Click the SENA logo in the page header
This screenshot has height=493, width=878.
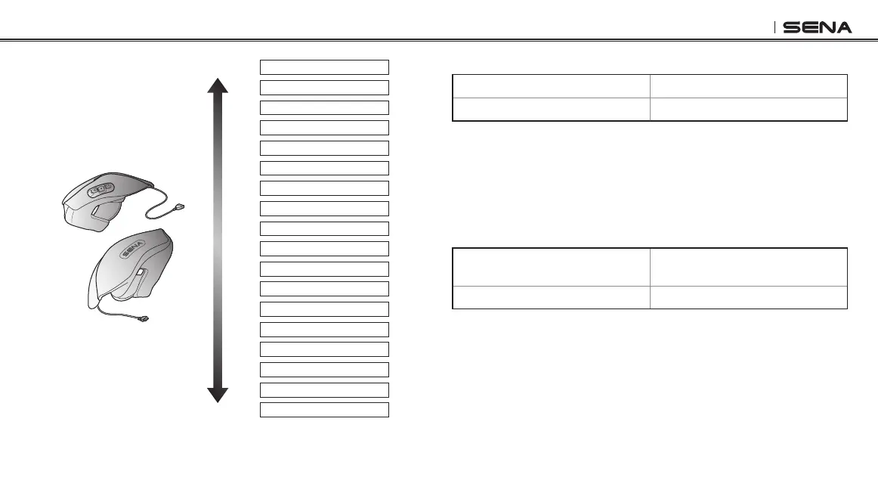tap(817, 27)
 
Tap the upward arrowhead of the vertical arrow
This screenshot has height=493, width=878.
tap(218, 85)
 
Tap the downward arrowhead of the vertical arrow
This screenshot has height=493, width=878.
tap(218, 394)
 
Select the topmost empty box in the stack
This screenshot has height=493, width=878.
tap(324, 67)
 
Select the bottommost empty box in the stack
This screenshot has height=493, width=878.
tap(324, 410)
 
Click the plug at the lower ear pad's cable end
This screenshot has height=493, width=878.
tap(143, 321)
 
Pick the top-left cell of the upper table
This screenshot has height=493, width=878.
tap(551, 85)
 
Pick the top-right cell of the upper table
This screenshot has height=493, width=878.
tap(748, 85)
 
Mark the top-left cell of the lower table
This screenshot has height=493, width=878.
tap(551, 266)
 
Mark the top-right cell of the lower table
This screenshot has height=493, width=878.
tap(748, 266)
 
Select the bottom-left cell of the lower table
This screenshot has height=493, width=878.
tap(551, 296)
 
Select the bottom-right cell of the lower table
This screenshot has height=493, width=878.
tap(748, 296)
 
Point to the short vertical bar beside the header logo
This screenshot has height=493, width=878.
tap(775, 27)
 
